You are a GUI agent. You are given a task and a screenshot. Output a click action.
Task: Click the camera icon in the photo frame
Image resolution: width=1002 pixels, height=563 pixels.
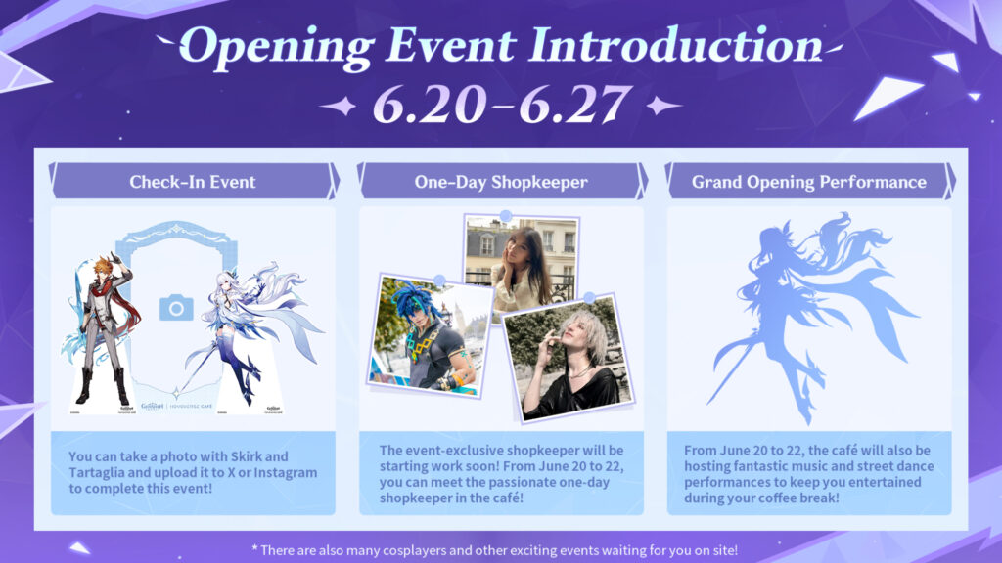[x=176, y=309]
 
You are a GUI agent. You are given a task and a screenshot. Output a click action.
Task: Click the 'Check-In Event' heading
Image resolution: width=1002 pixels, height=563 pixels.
[x=193, y=182]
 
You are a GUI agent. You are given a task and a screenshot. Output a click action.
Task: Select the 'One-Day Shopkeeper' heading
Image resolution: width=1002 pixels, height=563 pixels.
[x=500, y=182]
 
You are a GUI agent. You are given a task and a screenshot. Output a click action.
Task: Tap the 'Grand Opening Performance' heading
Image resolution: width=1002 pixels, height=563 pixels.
[x=808, y=182]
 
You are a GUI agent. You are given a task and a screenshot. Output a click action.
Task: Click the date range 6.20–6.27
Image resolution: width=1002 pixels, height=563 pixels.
[x=500, y=106]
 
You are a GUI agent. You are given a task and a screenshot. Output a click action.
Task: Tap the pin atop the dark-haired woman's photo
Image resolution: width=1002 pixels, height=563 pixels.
[x=506, y=215]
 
